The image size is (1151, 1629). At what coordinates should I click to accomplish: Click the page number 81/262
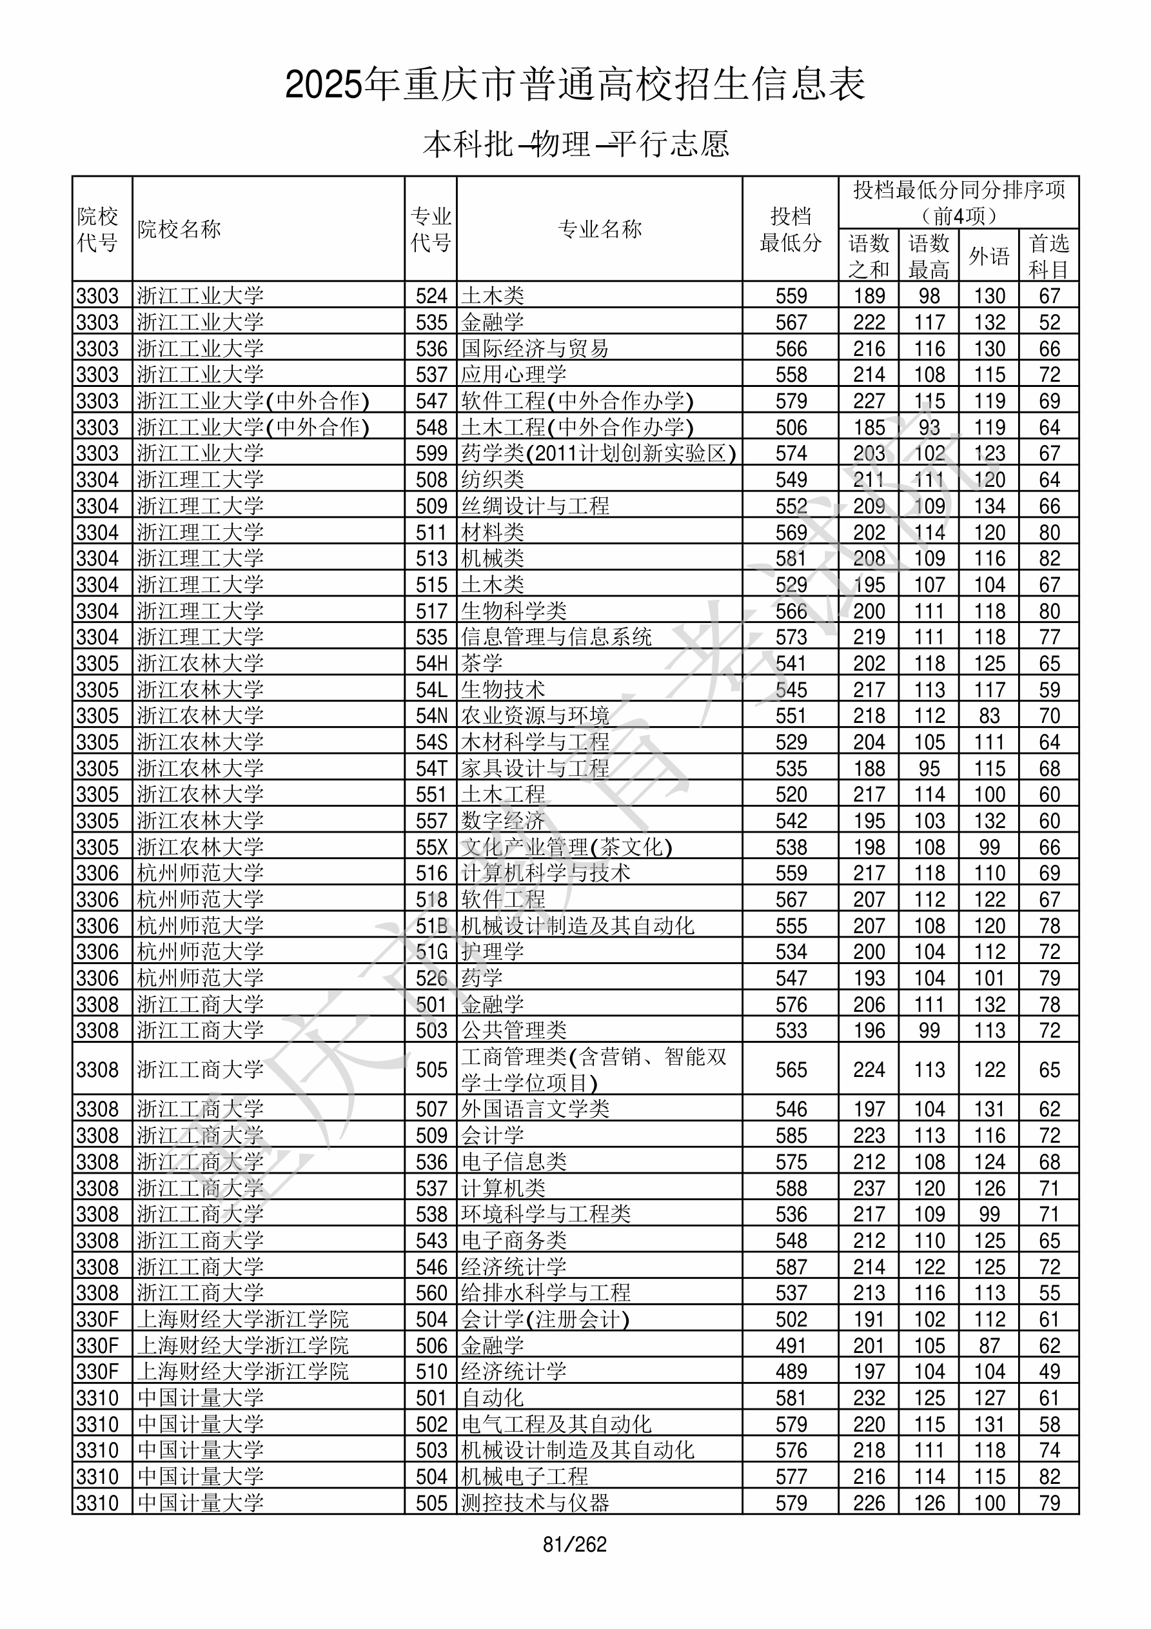(574, 1545)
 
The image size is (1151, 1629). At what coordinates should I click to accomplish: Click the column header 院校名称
(179, 229)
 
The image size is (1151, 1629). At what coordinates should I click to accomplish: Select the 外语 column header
(989, 255)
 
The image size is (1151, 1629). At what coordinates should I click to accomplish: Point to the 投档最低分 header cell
(790, 229)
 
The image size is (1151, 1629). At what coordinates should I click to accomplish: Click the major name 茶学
(482, 664)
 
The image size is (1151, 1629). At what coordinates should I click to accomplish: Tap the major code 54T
(431, 768)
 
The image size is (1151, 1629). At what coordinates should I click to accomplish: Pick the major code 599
(431, 453)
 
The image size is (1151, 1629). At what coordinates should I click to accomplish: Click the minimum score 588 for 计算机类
(791, 1189)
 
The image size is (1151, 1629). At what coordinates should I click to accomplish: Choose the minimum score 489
(791, 1372)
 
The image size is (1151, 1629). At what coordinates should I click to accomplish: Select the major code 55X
(431, 847)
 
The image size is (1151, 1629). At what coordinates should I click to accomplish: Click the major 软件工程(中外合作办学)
(576, 401)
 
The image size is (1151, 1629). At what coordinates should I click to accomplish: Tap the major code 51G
(431, 951)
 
